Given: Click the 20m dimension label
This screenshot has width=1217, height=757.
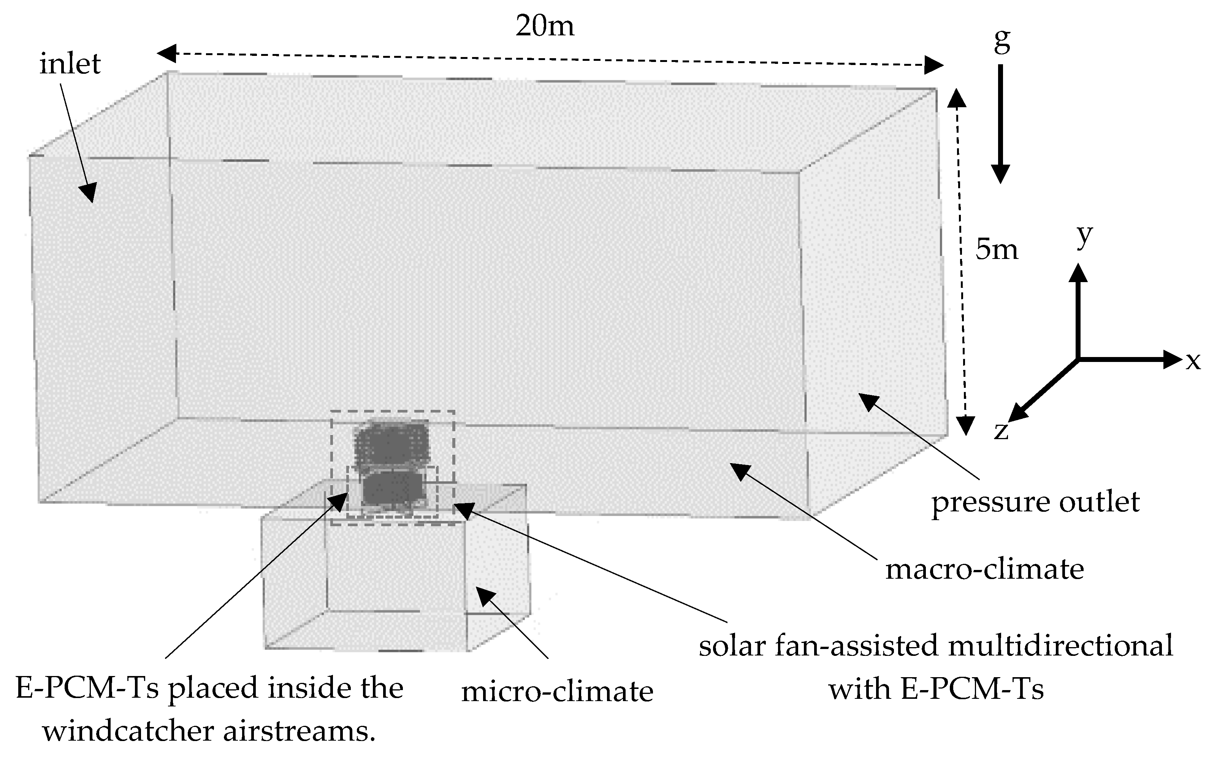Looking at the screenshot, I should pos(545,26).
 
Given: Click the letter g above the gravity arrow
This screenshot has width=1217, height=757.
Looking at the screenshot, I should pos(1002,41).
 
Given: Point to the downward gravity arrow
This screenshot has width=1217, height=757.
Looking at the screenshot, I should pos(1001,125).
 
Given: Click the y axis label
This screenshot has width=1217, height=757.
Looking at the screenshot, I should pos(1084,235).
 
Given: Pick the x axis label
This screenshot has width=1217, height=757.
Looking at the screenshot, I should pos(1193,360).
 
